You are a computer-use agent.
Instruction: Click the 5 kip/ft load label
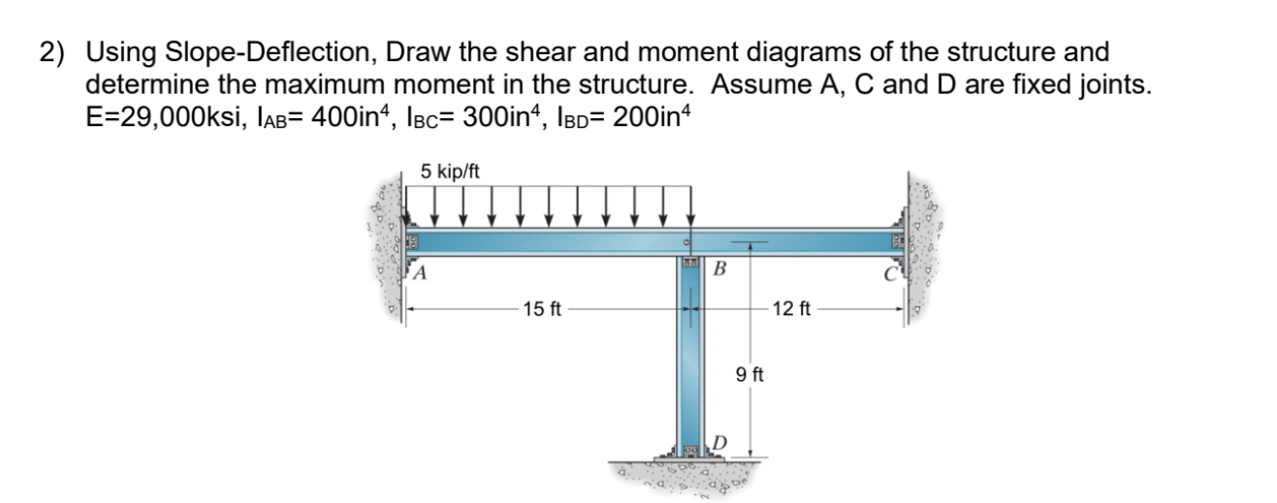coord(449,172)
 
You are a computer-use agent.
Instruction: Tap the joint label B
coord(719,268)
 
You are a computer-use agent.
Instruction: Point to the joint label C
coord(892,272)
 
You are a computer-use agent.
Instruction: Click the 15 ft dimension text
coord(541,310)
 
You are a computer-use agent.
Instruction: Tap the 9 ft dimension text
coord(750,373)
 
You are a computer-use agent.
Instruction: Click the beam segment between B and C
coord(805,242)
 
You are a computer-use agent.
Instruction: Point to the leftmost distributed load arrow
coord(407,204)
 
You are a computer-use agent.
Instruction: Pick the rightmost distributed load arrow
coord(689,204)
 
